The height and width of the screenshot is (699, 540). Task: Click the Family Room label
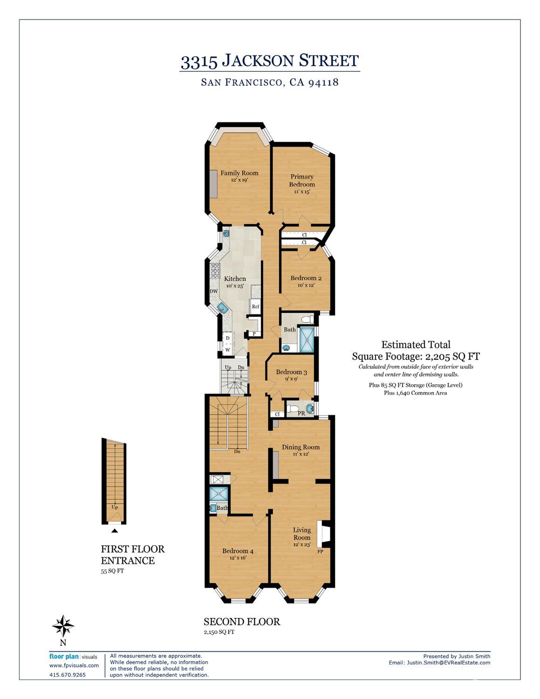click(239, 173)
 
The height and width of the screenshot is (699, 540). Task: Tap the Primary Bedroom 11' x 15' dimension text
click(302, 192)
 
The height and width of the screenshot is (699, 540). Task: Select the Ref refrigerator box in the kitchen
click(255, 306)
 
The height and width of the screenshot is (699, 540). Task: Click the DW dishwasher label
click(214, 291)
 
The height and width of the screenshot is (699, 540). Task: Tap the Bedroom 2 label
click(306, 278)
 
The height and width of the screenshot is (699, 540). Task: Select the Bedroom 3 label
click(291, 372)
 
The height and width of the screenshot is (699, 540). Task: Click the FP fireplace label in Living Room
click(321, 552)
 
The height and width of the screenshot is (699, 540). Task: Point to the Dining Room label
click(301, 447)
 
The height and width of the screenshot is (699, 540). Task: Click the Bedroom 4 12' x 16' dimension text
click(238, 558)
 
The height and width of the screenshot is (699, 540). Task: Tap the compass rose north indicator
click(63, 626)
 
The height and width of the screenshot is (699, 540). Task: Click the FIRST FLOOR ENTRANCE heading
click(133, 555)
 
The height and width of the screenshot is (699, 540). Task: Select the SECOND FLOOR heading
click(242, 622)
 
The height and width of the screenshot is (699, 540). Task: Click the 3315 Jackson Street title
click(270, 61)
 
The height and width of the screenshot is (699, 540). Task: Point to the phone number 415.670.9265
click(68, 675)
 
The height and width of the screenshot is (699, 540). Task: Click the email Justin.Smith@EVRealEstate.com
click(439, 663)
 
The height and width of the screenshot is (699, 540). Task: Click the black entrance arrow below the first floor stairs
click(115, 530)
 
